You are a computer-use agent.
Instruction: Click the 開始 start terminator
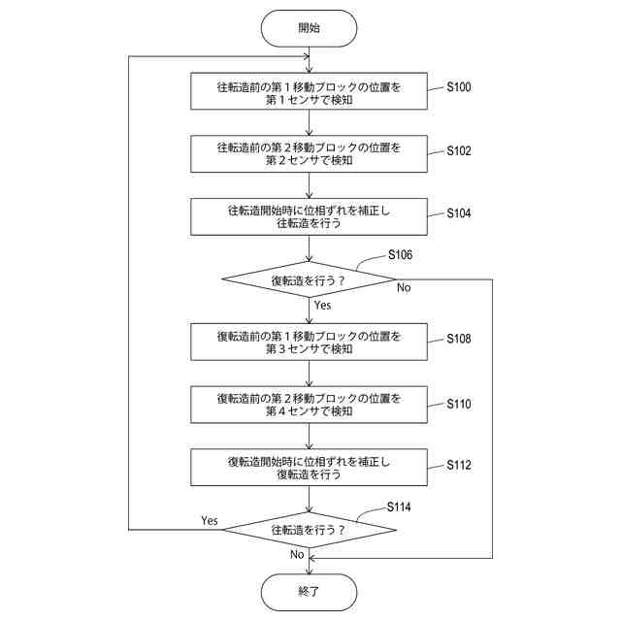[309, 28]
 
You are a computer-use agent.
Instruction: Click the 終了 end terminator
[309, 592]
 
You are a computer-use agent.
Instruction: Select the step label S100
[459, 87]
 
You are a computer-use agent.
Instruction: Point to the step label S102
[459, 151]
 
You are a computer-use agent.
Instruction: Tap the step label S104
[459, 213]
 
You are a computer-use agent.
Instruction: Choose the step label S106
[400, 254]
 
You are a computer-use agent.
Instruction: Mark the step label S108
[459, 339]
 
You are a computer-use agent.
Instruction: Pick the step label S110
[459, 404]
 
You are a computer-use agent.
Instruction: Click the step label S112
[459, 465]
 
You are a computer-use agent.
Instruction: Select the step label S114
[399, 507]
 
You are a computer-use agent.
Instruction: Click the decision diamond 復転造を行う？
[309, 279]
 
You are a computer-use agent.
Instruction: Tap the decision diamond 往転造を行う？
[309, 530]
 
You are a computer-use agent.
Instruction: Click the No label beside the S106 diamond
[404, 288]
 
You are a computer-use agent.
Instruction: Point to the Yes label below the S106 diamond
[322, 305]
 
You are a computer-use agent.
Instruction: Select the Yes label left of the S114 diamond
[210, 520]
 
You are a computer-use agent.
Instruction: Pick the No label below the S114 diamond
[297, 554]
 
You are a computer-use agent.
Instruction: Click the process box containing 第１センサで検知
[309, 91]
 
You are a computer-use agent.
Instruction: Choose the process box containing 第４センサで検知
[309, 405]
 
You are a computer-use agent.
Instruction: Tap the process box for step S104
[309, 216]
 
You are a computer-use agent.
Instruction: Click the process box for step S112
[309, 468]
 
